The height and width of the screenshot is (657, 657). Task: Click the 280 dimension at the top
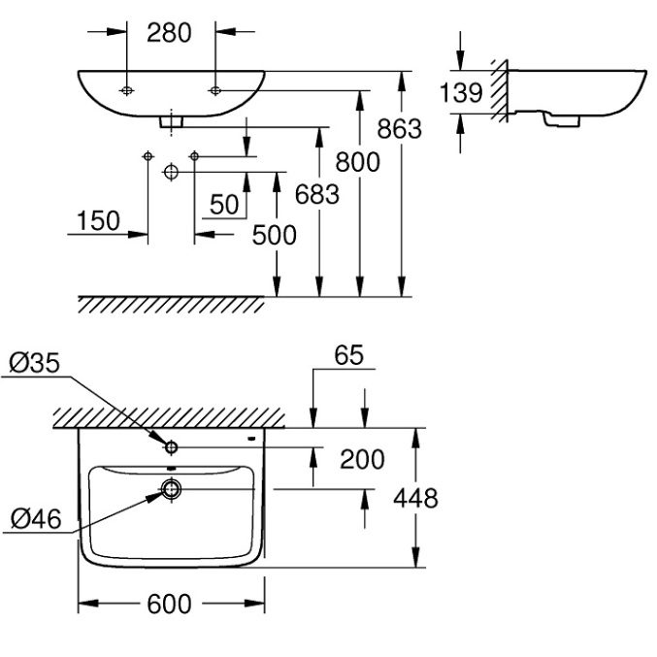click(169, 32)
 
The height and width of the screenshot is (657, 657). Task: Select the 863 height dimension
click(398, 128)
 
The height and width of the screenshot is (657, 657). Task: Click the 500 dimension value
click(274, 235)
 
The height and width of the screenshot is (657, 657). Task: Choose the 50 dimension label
click(224, 205)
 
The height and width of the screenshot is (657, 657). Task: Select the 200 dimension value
click(361, 459)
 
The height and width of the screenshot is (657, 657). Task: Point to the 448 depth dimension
click(415, 499)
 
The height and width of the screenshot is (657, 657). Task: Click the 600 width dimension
click(169, 605)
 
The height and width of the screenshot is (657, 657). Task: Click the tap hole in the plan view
click(171, 447)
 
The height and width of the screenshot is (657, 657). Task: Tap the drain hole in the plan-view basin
click(171, 488)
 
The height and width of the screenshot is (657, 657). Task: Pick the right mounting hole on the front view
click(214, 90)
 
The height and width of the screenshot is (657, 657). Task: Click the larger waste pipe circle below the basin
click(171, 172)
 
